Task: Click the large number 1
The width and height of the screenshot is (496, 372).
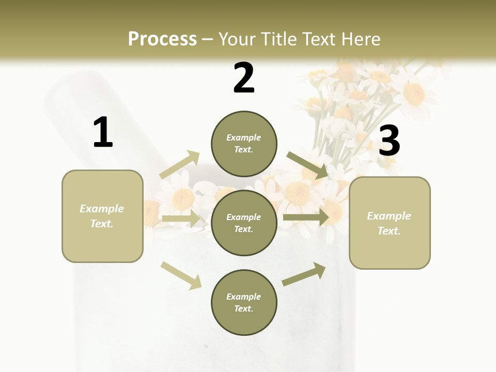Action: pyautogui.click(x=103, y=133)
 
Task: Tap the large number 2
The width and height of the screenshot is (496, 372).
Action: pyautogui.click(x=244, y=78)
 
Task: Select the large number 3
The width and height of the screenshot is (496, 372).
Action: pyautogui.click(x=390, y=141)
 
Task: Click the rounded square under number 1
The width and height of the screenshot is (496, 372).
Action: pyautogui.click(x=102, y=216)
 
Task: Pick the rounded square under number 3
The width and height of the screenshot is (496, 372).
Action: pyautogui.click(x=390, y=223)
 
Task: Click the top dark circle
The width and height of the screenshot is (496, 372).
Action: pyautogui.click(x=244, y=144)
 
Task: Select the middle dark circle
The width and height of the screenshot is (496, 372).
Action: pyautogui.click(x=244, y=223)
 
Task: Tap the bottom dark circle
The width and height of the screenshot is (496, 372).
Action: pyautogui.click(x=244, y=303)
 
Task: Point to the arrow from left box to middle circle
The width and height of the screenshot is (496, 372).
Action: pyautogui.click(x=181, y=219)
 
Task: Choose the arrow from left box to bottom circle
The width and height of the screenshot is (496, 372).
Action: pyautogui.click(x=181, y=275)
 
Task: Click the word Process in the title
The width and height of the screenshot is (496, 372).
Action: pyautogui.click(x=162, y=39)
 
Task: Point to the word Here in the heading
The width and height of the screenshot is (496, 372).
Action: pyautogui.click(x=360, y=39)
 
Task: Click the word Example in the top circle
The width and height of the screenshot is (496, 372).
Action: pyautogui.click(x=244, y=137)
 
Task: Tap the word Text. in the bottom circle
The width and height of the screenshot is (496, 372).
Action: pyautogui.click(x=244, y=308)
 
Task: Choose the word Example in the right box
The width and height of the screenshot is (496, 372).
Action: pyautogui.click(x=389, y=216)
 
